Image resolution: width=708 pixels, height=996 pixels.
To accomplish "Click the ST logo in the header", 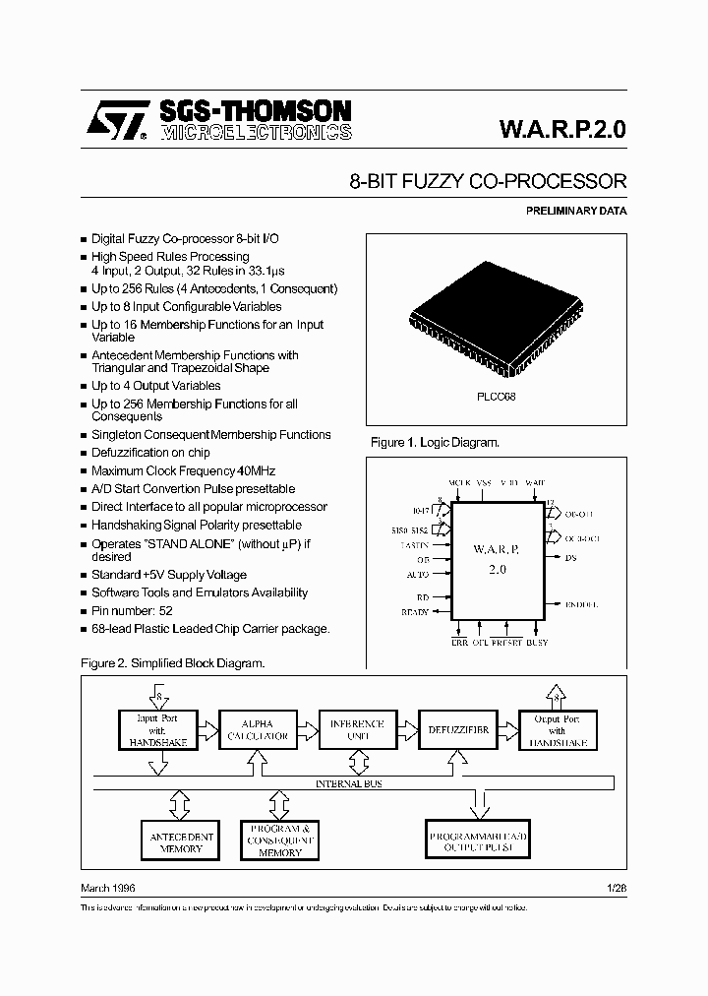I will [115, 120].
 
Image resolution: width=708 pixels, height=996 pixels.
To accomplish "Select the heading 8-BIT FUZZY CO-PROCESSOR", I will [488, 182].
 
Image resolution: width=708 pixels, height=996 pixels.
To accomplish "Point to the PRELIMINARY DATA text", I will [576, 211].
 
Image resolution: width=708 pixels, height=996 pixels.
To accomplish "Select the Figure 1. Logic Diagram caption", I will [435, 443].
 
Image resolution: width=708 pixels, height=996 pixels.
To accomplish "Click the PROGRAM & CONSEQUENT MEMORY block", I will [280, 840].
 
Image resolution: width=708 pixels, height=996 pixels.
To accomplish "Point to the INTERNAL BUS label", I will [349, 783].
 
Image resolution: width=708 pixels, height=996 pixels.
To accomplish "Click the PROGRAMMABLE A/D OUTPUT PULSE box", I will [478, 841].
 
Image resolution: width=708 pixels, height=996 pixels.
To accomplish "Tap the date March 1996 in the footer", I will [107, 888].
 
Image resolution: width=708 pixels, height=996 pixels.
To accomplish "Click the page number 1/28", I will [617, 888].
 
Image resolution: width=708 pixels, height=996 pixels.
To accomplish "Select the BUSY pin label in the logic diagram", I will [538, 643].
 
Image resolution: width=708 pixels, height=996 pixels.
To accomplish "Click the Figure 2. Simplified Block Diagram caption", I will [172, 663].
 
